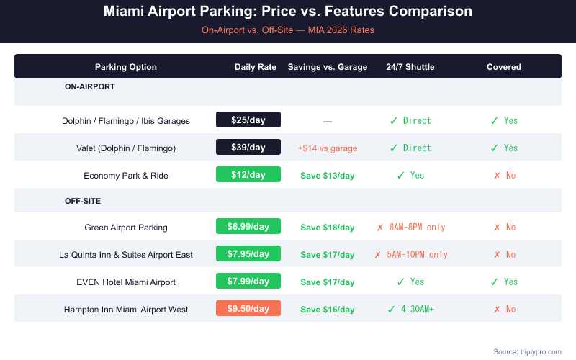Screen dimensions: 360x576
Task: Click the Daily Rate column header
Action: pos(256,67)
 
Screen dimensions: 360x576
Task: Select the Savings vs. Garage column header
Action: pos(328,67)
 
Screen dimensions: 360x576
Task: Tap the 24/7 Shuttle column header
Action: pos(410,67)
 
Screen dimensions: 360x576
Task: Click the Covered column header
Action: pos(504,67)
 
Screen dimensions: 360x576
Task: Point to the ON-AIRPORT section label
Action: pos(90,86)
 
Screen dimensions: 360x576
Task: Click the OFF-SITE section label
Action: pos(83,201)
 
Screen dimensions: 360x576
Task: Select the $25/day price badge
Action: pos(248,120)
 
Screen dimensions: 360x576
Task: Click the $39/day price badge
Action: pos(248,148)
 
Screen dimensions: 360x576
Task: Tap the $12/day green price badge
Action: pos(248,175)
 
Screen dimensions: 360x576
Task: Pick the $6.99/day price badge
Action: pos(248,227)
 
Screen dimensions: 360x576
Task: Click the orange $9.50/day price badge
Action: pos(248,309)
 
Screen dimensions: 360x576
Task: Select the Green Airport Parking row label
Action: pos(126,228)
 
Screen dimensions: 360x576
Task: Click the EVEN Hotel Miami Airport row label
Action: pos(126,282)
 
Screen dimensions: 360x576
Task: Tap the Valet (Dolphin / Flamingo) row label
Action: pos(126,148)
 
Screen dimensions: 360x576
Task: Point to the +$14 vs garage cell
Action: pos(328,148)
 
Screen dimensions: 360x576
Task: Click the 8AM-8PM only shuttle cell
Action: pos(411,228)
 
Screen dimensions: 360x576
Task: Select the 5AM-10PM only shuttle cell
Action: pos(411,255)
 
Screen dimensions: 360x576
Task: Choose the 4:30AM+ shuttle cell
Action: pos(411,310)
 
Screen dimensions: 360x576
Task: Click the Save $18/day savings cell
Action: pos(328,228)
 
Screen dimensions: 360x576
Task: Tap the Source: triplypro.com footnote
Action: pos(527,351)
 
